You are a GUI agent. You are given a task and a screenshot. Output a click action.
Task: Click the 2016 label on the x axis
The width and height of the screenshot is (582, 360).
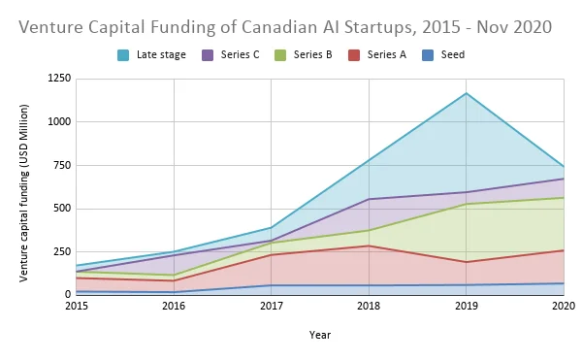(x=175, y=307)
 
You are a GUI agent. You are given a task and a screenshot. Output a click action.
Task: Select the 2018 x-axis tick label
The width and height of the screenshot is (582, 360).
(x=370, y=307)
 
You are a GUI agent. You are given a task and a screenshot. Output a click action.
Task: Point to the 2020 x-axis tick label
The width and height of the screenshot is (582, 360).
(x=564, y=307)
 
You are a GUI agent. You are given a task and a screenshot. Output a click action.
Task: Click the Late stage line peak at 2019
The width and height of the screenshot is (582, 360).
(x=467, y=93)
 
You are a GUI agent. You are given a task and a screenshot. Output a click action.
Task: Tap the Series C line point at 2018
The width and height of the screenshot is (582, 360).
(x=370, y=199)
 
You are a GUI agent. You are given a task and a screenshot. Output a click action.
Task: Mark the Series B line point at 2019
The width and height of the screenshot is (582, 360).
(x=467, y=204)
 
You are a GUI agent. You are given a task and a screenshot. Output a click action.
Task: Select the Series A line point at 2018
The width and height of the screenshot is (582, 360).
(x=370, y=245)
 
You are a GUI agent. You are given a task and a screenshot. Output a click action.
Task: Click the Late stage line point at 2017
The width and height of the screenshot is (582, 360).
(x=272, y=227)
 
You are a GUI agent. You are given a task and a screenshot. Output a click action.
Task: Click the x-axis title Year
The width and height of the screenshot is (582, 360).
(x=320, y=335)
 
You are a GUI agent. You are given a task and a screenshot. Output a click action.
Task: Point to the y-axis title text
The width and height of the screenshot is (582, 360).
(x=24, y=192)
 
